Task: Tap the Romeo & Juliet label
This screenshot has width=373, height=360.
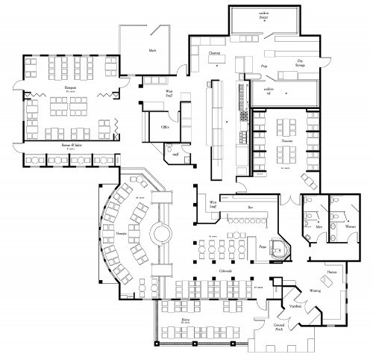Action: click(61, 146)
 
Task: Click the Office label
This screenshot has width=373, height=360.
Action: click(166, 127)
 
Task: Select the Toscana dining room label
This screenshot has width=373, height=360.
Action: click(284, 139)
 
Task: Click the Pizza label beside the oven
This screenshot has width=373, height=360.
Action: click(263, 245)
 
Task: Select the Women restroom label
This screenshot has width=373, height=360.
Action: click(350, 226)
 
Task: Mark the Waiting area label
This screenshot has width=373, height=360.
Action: click(315, 291)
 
